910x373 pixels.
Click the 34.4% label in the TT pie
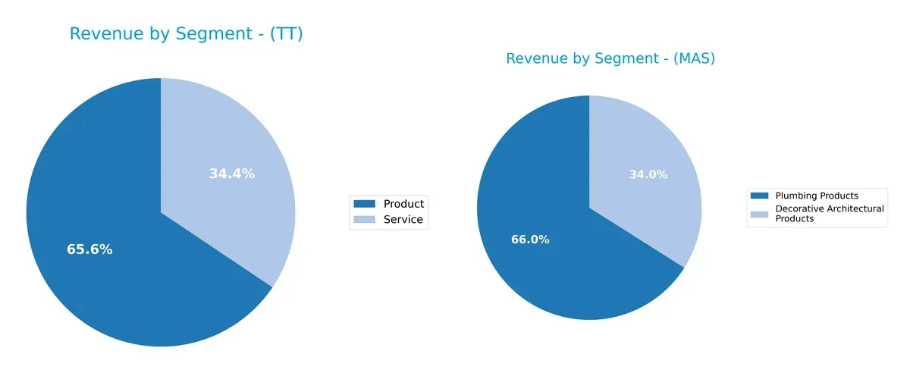click(x=231, y=174)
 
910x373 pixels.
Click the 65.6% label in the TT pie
click(x=89, y=249)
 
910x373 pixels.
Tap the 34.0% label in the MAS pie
click(x=648, y=174)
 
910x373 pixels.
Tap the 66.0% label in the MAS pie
click(x=530, y=240)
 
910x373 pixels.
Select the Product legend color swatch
click(x=364, y=204)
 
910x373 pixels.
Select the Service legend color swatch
click(x=364, y=221)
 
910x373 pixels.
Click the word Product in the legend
click(x=403, y=204)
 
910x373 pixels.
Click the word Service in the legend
click(x=403, y=221)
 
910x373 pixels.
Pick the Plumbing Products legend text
click(x=816, y=196)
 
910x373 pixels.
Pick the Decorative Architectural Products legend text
click(x=829, y=213)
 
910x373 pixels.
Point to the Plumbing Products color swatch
click(x=759, y=196)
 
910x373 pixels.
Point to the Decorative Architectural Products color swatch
click(x=759, y=214)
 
